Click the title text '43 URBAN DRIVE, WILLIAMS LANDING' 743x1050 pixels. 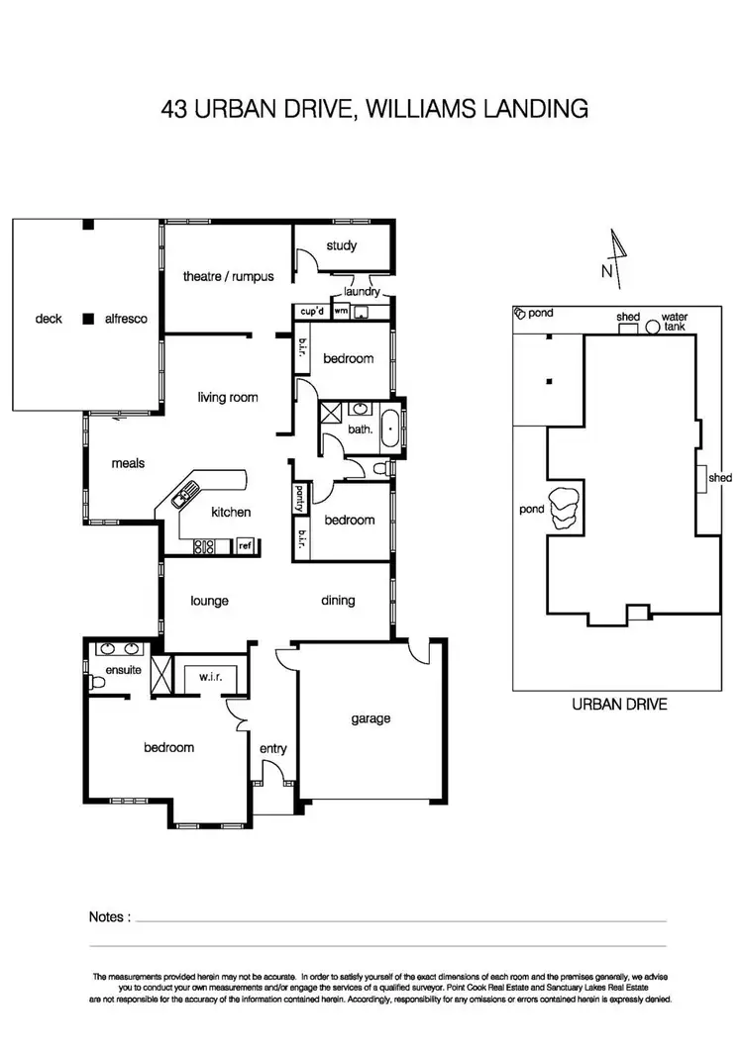pos(373,108)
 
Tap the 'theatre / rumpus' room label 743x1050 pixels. pos(228,277)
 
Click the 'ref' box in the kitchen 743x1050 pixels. pos(245,545)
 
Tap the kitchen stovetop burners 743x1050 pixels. pos(205,545)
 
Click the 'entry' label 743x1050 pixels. pos(272,749)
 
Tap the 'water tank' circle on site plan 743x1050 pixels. pos(653,328)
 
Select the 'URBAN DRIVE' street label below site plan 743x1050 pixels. pos(619,705)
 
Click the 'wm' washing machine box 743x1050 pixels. pos(341,312)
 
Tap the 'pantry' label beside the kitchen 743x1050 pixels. pos(297,493)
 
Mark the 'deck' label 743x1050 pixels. pos(49,319)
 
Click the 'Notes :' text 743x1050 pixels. pos(109,917)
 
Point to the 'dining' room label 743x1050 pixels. pos(338,601)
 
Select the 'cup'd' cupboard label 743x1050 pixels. pos(312,312)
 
